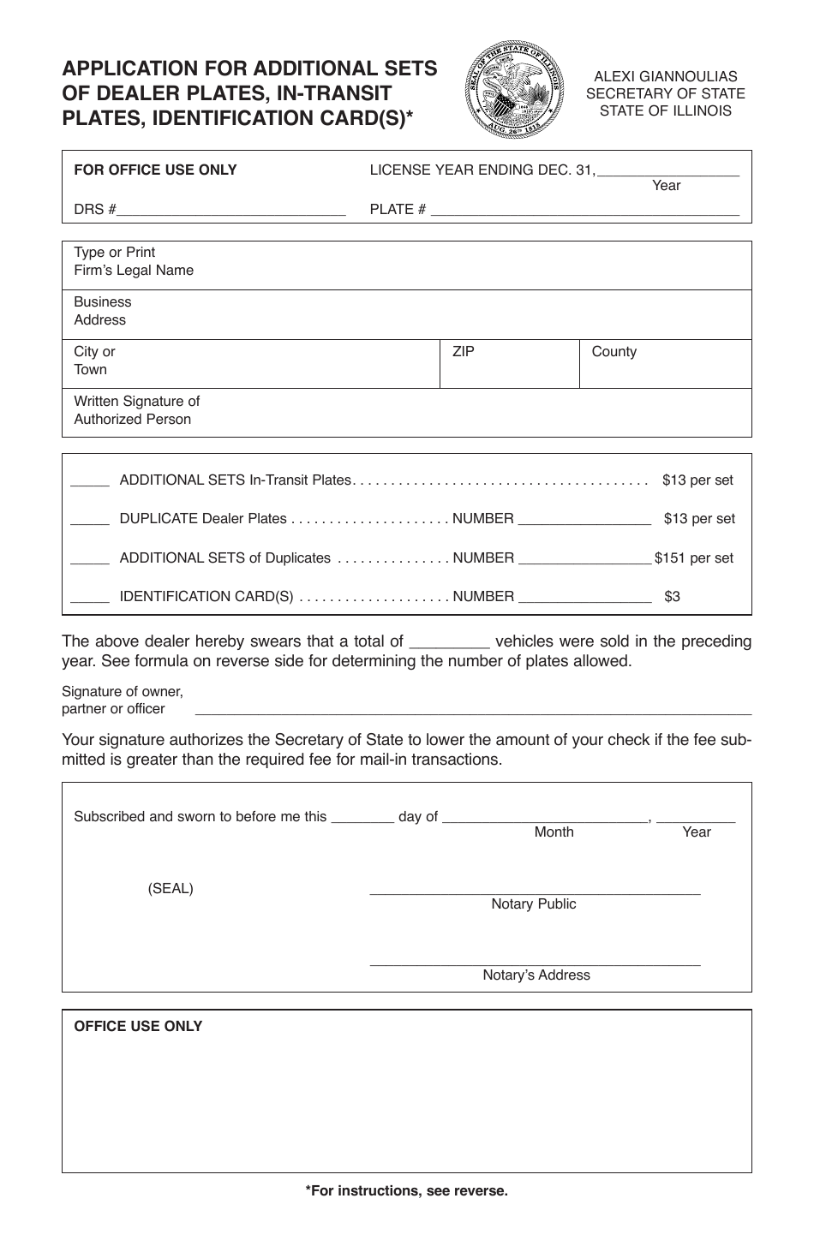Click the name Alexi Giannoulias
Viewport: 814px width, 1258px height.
665,76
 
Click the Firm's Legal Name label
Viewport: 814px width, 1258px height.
133,262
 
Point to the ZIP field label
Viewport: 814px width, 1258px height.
463,351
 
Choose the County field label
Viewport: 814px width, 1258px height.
613,351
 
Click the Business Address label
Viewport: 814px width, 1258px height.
102,311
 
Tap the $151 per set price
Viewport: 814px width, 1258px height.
693,558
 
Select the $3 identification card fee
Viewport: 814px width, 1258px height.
672,597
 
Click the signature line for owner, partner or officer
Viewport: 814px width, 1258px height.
473,712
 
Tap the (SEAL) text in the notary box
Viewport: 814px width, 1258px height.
171,888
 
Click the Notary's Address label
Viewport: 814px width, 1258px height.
536,975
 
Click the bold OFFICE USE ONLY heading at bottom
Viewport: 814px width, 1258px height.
138,1026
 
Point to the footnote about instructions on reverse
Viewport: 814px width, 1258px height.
406,1190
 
